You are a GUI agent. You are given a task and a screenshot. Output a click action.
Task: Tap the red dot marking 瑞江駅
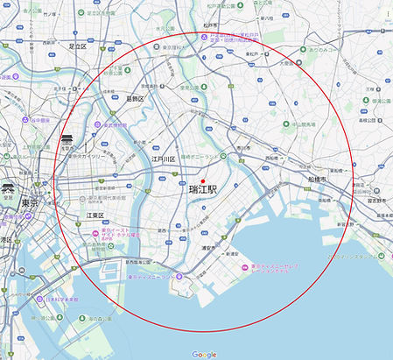pyautogui.click(x=201, y=180)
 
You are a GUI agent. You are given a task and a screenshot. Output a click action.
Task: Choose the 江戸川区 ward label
pyautogui.click(x=164, y=159)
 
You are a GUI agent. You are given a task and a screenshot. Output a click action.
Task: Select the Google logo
pyautogui.click(x=204, y=354)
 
